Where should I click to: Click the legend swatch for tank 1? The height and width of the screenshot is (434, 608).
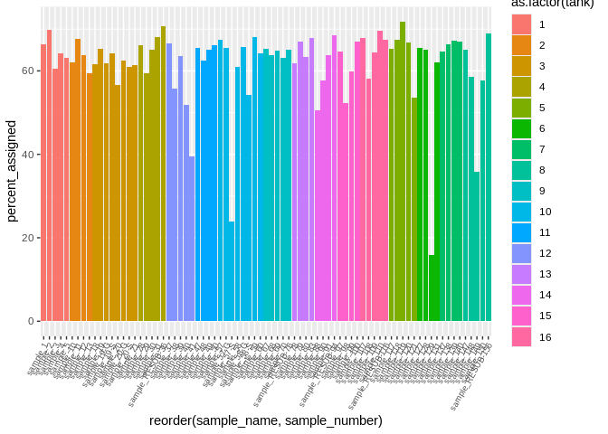(521, 24)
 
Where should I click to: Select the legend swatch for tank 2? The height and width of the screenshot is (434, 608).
(521, 45)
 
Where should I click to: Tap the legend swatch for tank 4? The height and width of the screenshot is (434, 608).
(521, 87)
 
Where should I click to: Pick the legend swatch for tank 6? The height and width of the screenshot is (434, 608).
(521, 128)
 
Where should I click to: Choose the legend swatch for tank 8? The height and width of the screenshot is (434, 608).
(521, 170)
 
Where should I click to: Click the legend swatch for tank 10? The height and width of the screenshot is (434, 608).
(521, 212)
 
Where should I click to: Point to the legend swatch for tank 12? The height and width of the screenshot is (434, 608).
(521, 253)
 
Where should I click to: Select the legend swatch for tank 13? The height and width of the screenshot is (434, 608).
(521, 274)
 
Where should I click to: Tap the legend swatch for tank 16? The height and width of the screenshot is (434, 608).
(521, 336)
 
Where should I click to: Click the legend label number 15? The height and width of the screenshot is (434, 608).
(544, 316)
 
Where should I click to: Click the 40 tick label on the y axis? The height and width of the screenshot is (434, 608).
(27, 155)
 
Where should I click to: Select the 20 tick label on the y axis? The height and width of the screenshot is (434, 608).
(27, 238)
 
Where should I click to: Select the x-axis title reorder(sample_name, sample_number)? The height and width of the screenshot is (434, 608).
(266, 420)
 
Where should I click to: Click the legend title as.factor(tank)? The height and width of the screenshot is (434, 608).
(553, 5)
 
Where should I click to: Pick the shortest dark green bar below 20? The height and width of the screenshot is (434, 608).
(432, 288)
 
